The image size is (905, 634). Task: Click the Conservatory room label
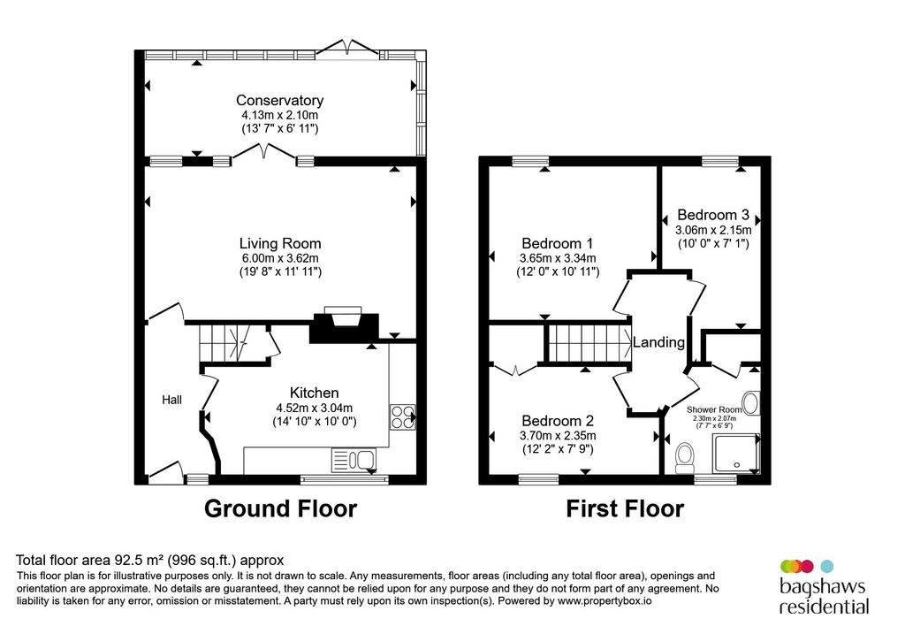(x=280, y=101)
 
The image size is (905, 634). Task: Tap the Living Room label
(x=280, y=244)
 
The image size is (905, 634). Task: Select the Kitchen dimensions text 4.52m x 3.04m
(x=314, y=409)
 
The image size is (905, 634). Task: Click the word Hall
(x=172, y=400)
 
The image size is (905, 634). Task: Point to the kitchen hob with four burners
(x=403, y=416)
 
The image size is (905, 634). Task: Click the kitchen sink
(x=354, y=460)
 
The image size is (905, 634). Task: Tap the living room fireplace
(x=345, y=326)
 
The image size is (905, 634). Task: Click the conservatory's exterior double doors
(x=348, y=47)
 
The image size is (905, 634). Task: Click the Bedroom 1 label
(x=557, y=244)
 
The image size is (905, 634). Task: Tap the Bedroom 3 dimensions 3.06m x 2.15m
(x=713, y=230)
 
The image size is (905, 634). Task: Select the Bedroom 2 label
(x=558, y=421)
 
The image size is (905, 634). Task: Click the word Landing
(x=658, y=342)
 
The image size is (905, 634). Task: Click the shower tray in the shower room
(x=736, y=454)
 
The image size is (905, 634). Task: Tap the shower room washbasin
(x=751, y=403)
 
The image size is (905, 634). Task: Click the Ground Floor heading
(x=280, y=508)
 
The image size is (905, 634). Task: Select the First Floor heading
(x=625, y=508)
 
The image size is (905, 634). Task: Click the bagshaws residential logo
(x=825, y=586)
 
